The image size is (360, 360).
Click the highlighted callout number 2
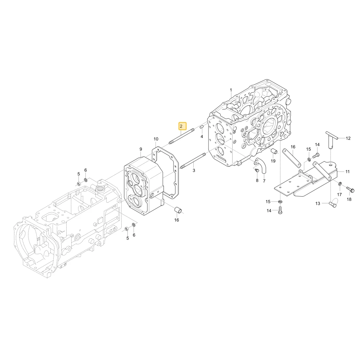181,126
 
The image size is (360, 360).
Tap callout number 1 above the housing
231,90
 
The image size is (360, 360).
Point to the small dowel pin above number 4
202,127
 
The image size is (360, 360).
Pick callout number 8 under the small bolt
257,180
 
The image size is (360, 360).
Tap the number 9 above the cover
141,149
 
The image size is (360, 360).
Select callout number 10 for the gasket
156,139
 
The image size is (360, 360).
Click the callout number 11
347,171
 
